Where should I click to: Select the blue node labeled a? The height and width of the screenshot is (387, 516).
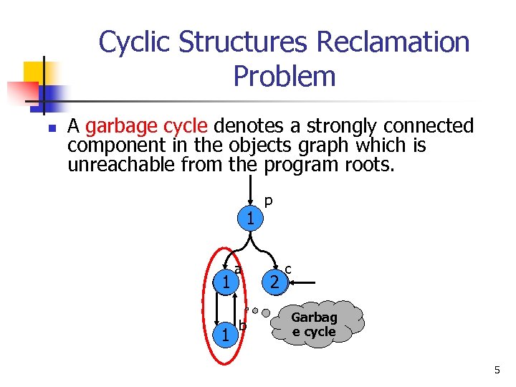(226, 283)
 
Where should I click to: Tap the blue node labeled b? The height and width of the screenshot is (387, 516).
(226, 335)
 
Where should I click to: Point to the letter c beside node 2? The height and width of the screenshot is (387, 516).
(288, 269)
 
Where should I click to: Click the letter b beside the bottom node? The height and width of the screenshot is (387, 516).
(243, 327)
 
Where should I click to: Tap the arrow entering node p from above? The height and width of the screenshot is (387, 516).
(249, 192)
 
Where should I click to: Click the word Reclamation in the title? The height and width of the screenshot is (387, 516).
(393, 43)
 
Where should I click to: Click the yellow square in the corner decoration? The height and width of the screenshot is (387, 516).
(34, 72)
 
